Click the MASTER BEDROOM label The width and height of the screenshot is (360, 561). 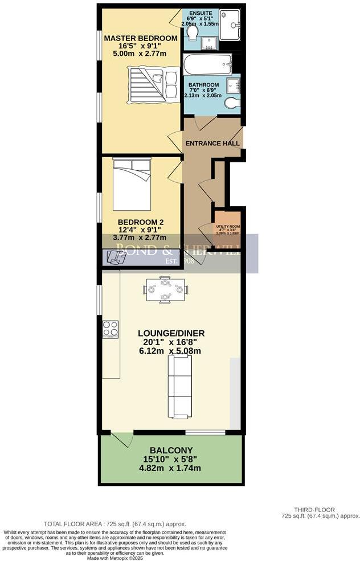[140, 38]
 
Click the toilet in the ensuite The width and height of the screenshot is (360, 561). [191, 35]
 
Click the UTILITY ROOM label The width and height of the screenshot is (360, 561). [227, 226]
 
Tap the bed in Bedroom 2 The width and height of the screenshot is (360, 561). [132, 184]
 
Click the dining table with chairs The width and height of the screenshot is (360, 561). [165, 289]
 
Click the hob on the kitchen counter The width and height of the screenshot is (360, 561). [111, 329]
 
